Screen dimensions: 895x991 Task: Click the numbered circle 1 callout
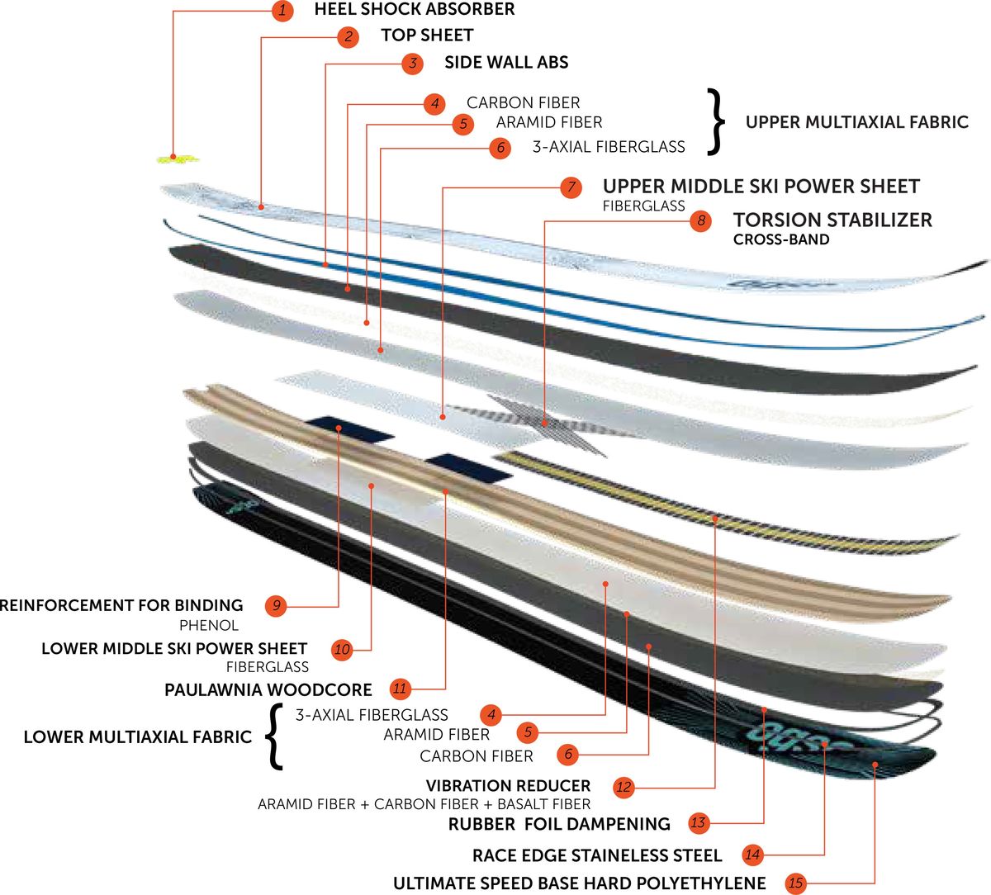282,11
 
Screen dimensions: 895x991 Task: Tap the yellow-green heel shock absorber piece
178,158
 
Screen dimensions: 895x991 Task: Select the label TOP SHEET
427,36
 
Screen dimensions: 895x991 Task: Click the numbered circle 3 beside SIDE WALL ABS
412,63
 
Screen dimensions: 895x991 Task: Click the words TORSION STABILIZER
832,220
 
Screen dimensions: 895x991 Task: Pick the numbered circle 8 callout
700,220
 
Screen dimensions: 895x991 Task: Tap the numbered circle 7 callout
571,187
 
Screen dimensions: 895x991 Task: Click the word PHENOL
209,626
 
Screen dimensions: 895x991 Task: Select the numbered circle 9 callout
277,606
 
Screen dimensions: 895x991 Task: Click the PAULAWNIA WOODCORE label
268,689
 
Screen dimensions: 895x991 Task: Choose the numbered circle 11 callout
401,689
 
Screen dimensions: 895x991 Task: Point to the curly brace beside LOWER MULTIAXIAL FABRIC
273,736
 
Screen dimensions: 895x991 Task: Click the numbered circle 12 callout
624,787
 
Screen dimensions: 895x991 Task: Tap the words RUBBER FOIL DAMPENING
559,824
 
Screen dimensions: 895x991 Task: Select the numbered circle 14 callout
752,855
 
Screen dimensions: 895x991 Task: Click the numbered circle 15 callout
795,883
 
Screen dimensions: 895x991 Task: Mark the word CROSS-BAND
781,240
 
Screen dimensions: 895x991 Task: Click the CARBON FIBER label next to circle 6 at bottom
477,756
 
